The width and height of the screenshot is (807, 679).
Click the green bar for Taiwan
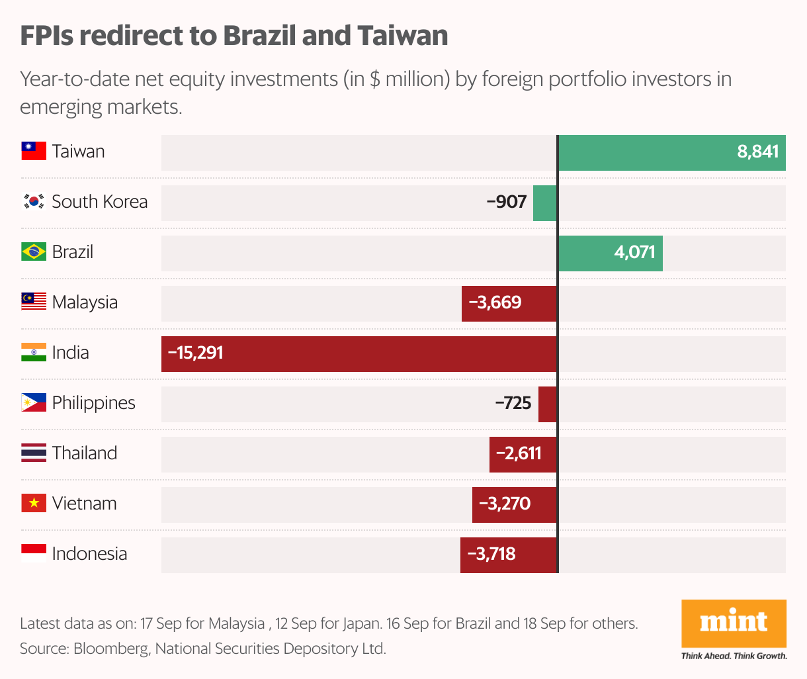[x=671, y=152]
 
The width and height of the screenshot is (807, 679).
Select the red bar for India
[x=359, y=353]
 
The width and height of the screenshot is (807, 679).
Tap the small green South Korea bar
[x=545, y=203]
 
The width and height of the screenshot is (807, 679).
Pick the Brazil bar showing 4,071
[x=610, y=253]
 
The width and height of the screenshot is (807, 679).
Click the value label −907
[x=506, y=202]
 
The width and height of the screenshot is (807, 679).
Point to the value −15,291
[x=196, y=353]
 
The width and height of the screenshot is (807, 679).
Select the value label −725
[x=513, y=403]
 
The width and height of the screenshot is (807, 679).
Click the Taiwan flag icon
[x=34, y=152]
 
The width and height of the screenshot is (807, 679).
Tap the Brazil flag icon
[x=34, y=252]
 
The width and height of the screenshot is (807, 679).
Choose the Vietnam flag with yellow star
[x=34, y=504]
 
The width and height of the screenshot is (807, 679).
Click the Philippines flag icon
[x=34, y=403]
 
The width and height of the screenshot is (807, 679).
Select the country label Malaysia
[x=85, y=302]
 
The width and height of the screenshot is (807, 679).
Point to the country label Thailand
[x=85, y=453]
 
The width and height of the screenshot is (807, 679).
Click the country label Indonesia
[x=89, y=554]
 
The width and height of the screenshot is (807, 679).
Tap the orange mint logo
[x=734, y=623]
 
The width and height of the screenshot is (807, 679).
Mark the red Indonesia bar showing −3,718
[x=509, y=555]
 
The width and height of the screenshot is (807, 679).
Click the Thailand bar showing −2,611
[x=523, y=454]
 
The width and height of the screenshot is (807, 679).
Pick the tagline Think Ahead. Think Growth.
[x=734, y=656]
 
